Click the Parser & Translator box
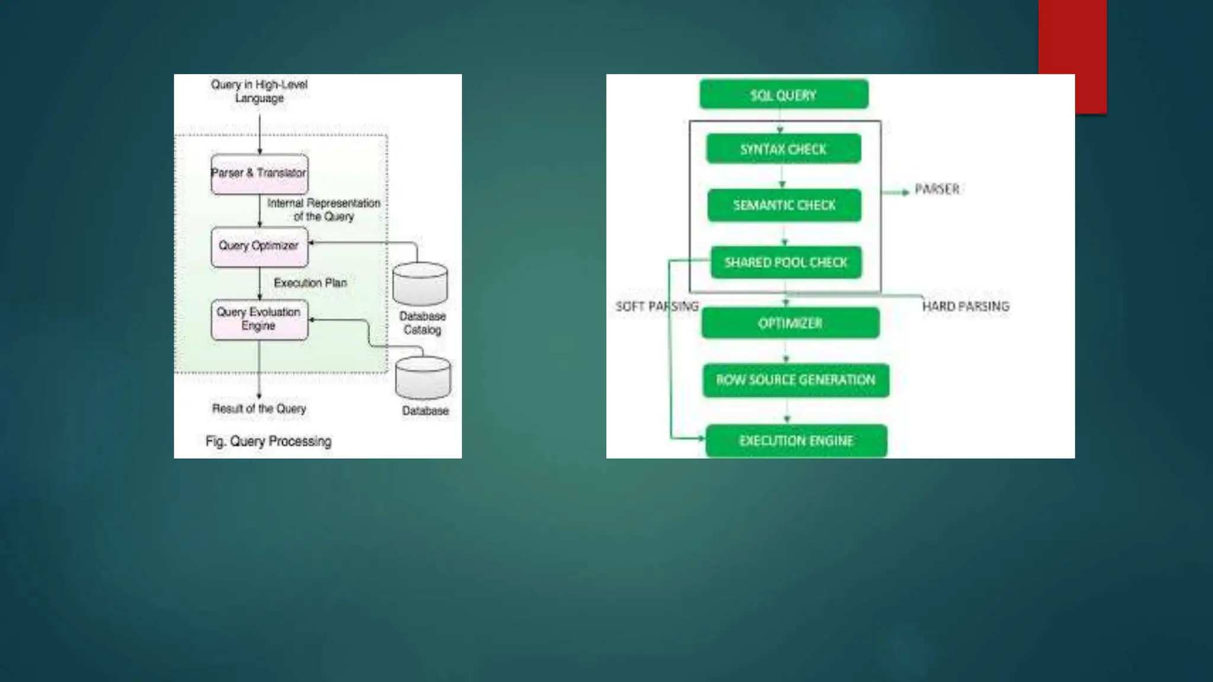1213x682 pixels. [x=259, y=173]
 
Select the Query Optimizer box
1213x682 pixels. [x=259, y=246]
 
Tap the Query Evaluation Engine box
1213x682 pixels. [x=259, y=319]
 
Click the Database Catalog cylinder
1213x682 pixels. [x=421, y=284]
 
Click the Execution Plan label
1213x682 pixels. [x=310, y=283]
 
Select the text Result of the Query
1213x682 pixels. [x=259, y=408]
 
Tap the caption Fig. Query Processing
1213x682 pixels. [x=268, y=441]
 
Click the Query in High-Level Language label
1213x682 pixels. [x=259, y=91]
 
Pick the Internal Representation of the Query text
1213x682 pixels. [x=323, y=210]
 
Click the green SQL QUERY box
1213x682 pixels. [x=784, y=95]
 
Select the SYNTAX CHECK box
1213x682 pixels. [x=783, y=149]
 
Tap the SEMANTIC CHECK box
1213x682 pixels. [x=784, y=205]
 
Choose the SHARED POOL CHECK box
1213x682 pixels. [x=786, y=262]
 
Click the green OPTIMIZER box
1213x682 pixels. [x=790, y=323]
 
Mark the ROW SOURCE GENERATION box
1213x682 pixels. [x=795, y=380]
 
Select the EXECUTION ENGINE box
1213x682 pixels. [x=796, y=440]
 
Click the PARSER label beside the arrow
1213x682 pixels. [x=937, y=189]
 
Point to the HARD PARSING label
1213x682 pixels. [x=965, y=306]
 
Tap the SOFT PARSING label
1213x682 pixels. [x=657, y=306]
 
